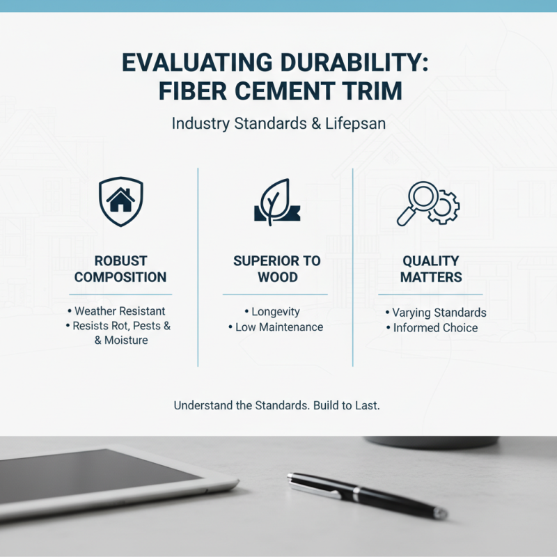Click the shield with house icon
click(120, 201)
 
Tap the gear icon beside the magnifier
click(444, 207)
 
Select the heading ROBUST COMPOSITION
click(120, 269)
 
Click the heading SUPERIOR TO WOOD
click(276, 269)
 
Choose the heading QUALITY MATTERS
click(431, 269)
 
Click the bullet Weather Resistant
click(120, 311)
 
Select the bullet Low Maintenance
click(278, 327)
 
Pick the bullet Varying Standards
click(439, 313)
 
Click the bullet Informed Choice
click(435, 327)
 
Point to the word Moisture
click(125, 340)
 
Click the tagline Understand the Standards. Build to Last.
click(276, 405)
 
